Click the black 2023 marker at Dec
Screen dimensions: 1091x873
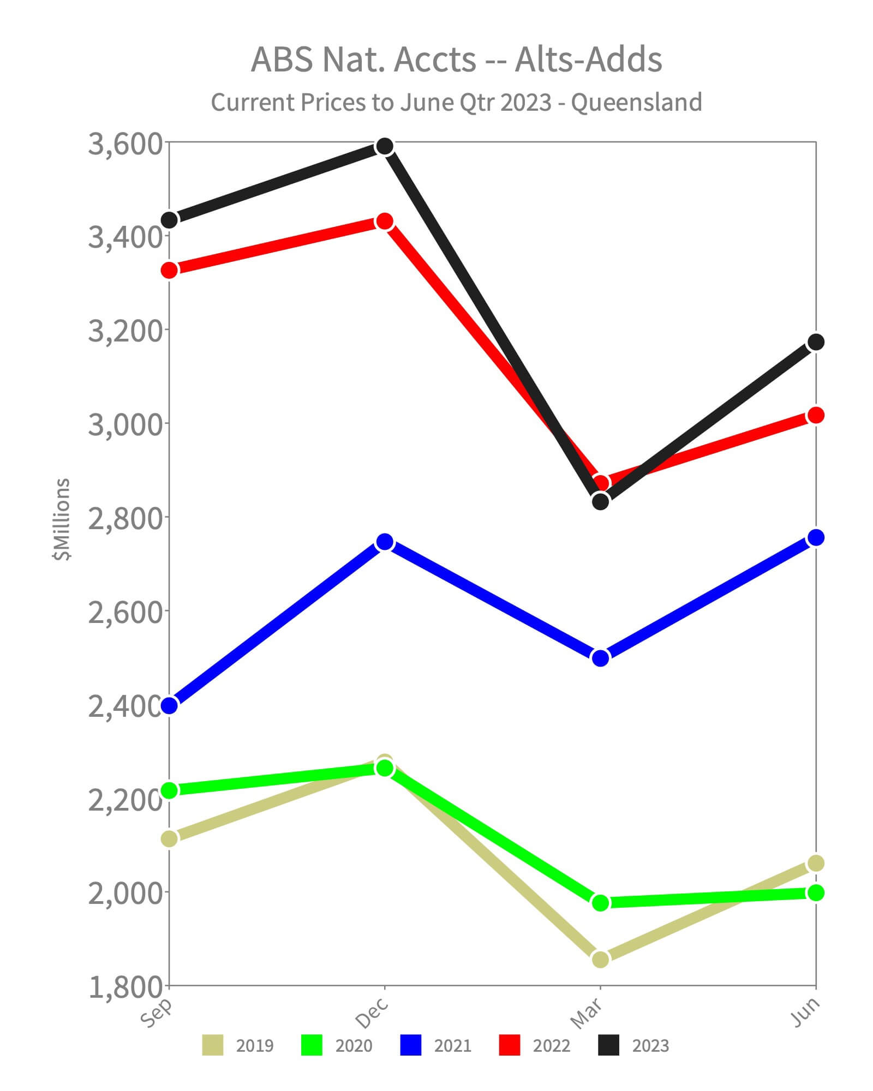[x=385, y=146]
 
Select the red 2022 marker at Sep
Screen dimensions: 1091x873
[x=170, y=270]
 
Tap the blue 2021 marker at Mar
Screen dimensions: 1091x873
[x=600, y=658]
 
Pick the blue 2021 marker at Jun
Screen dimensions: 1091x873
[x=816, y=537]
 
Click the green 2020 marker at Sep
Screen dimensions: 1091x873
[x=170, y=790]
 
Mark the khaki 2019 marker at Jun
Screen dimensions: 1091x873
[x=816, y=864]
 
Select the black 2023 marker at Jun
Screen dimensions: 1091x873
[x=816, y=342]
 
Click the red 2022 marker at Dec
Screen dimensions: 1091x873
[x=385, y=221]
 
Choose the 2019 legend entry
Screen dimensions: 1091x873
[x=238, y=1045]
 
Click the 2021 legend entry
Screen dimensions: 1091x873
[x=436, y=1045]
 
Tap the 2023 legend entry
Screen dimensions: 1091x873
[x=633, y=1045]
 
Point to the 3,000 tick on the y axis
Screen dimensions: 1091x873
[x=125, y=424]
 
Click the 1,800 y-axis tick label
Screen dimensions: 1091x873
[x=125, y=987]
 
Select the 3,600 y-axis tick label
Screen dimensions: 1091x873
[x=125, y=143]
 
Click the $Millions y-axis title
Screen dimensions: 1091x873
[x=62, y=519]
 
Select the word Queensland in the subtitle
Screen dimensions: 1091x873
[x=636, y=103]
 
